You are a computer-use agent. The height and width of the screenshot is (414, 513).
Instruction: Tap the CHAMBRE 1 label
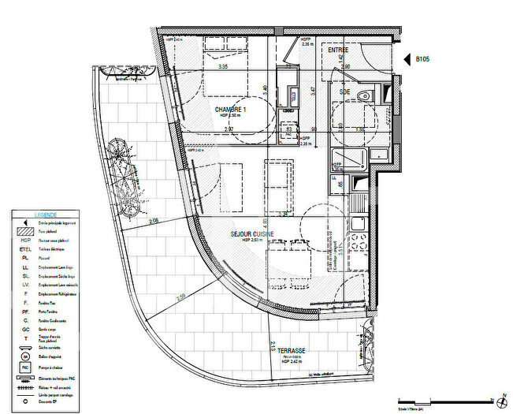(x=229, y=110)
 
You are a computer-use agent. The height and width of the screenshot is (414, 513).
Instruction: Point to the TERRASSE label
(x=292, y=350)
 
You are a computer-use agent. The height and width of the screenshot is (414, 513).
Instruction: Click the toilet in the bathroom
(x=364, y=95)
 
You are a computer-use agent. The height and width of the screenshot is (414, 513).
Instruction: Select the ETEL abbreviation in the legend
(x=22, y=248)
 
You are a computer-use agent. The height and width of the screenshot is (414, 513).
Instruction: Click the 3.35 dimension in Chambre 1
(x=224, y=67)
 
